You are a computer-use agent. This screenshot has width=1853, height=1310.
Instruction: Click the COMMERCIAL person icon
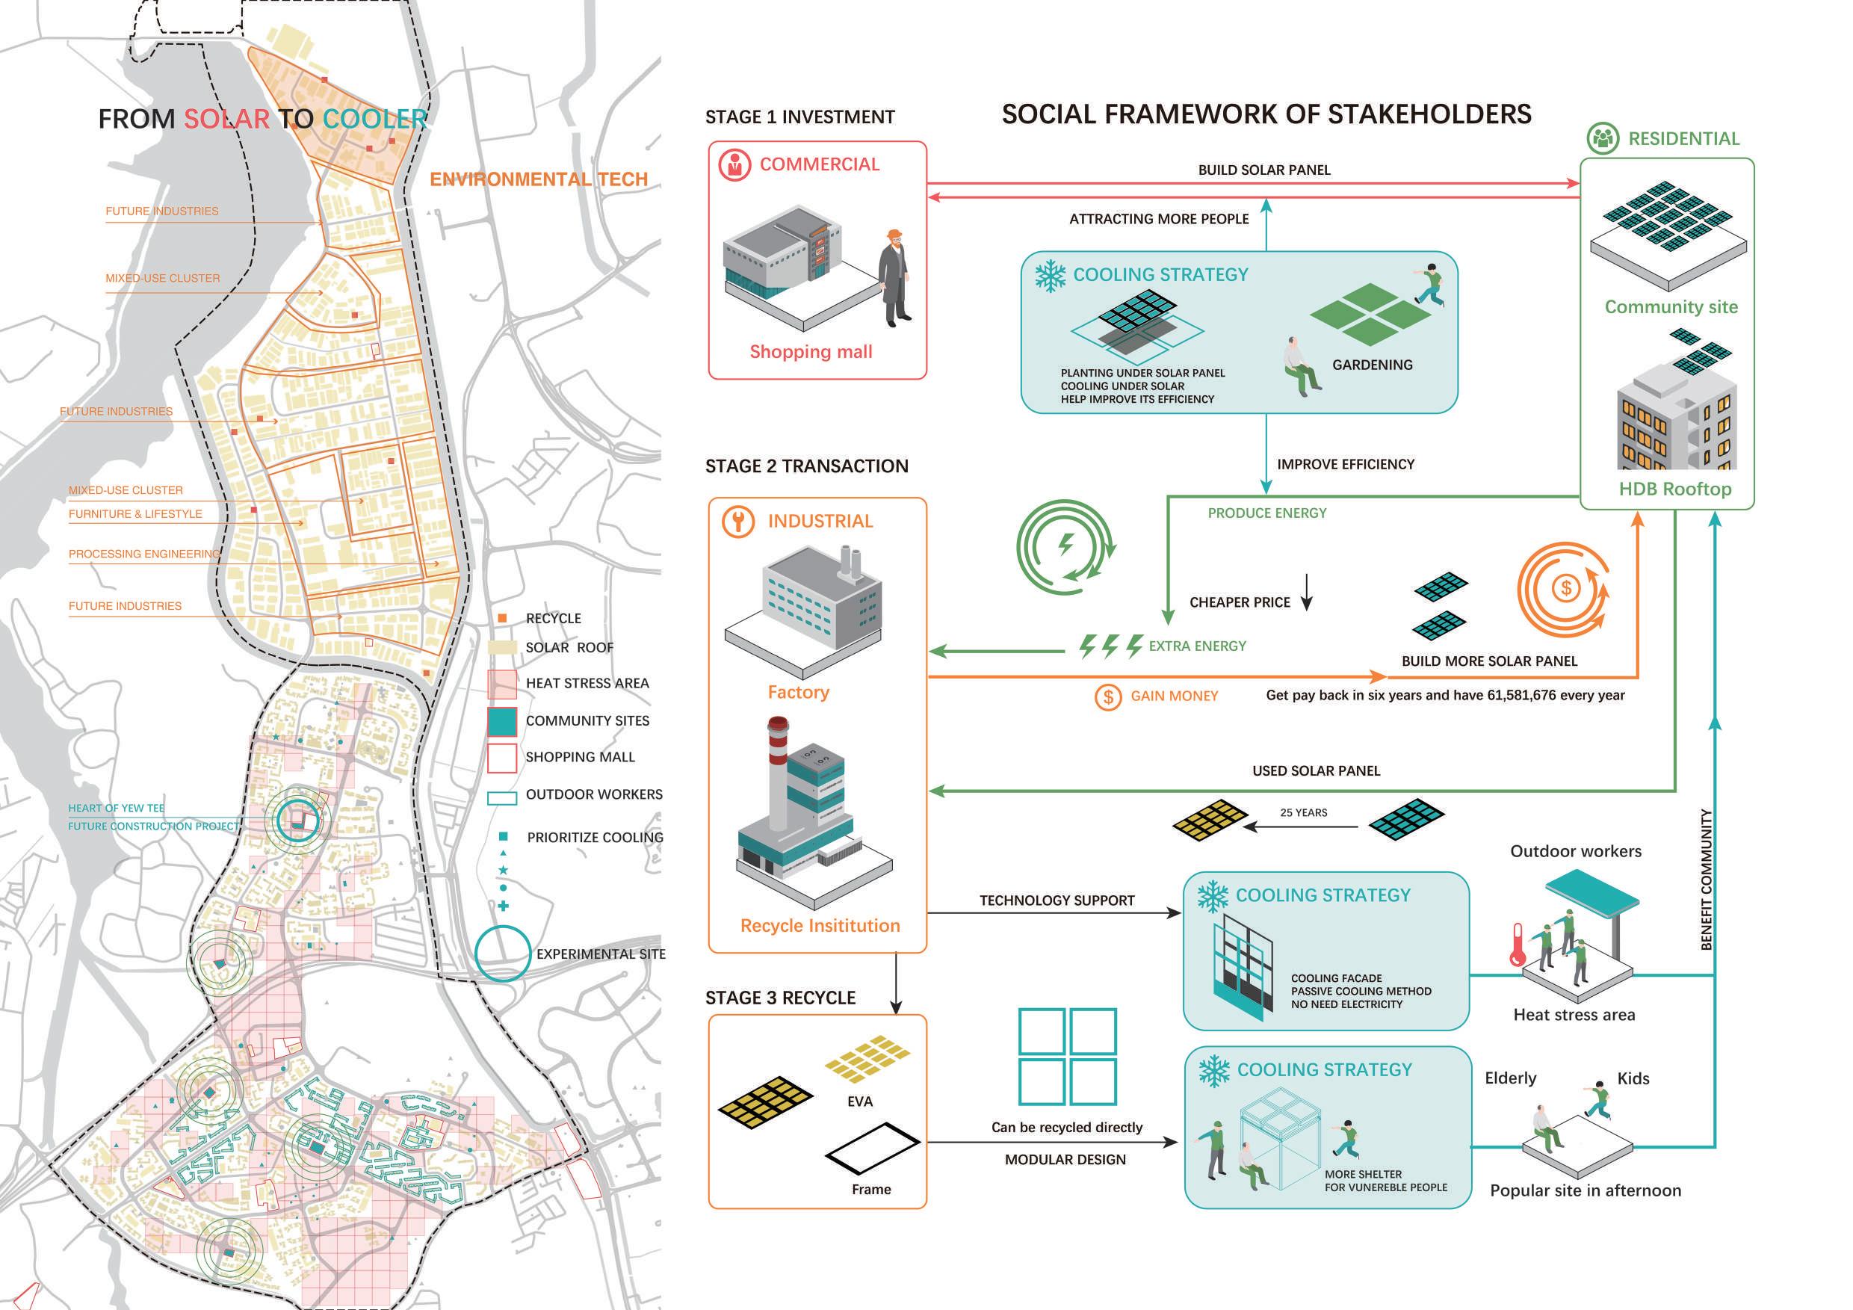tap(734, 164)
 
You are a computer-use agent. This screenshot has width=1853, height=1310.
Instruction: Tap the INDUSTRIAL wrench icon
tap(737, 522)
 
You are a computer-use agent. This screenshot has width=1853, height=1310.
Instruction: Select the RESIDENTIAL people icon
tap(1602, 139)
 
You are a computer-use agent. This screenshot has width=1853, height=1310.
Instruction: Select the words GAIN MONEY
tap(1174, 696)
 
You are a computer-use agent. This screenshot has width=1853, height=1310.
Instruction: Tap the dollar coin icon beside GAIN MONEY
tap(1108, 696)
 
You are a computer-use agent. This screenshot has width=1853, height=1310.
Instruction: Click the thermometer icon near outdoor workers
tap(1518, 945)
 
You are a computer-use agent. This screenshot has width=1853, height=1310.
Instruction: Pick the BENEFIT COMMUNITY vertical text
tap(1706, 880)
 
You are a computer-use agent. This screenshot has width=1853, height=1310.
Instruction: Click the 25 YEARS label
tap(1303, 813)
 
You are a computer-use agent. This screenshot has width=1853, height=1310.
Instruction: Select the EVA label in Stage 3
tap(859, 1102)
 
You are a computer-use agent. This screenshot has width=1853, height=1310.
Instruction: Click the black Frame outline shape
tap(873, 1147)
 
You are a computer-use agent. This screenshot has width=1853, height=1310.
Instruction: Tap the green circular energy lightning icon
tap(1065, 546)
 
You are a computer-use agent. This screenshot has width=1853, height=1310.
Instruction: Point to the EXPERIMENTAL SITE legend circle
tap(502, 954)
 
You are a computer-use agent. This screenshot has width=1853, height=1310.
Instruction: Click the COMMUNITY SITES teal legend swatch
tap(502, 721)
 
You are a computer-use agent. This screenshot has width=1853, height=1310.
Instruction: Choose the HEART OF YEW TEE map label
tap(117, 808)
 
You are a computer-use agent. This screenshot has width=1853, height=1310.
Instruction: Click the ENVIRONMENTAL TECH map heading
tap(538, 179)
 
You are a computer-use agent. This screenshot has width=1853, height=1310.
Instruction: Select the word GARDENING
tap(1372, 365)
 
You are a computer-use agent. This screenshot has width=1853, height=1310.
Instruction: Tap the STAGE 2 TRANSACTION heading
tap(806, 466)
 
